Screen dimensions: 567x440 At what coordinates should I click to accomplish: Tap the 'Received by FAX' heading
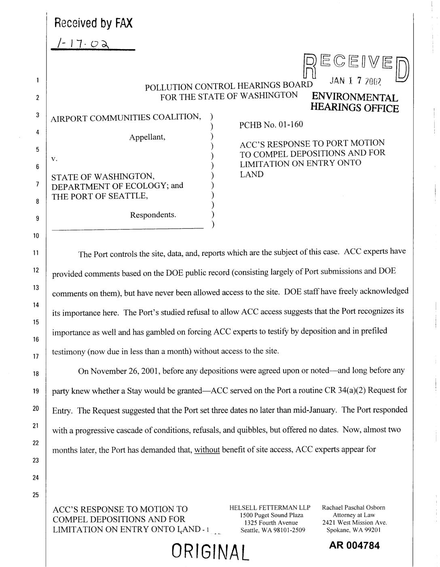pyautogui.click(x=93, y=23)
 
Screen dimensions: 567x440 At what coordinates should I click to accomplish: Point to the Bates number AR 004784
pyautogui.click(x=354, y=546)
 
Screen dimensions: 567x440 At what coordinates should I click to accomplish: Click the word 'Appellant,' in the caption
pyautogui.click(x=148, y=137)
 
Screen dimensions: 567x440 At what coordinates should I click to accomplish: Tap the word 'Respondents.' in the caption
pyautogui.click(x=153, y=215)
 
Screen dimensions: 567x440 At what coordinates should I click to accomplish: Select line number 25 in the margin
pyautogui.click(x=36, y=495)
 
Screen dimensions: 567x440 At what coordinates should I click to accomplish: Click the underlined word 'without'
pyautogui.click(x=207, y=449)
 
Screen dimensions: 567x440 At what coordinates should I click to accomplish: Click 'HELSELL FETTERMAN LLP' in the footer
pyautogui.click(x=270, y=508)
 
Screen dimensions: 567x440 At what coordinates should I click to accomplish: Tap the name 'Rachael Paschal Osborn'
pyautogui.click(x=353, y=508)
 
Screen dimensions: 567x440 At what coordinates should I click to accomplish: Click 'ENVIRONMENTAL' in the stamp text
pyautogui.click(x=355, y=98)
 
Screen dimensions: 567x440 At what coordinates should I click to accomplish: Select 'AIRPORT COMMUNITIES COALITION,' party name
pyautogui.click(x=126, y=118)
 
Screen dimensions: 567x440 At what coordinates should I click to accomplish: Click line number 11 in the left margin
pyautogui.click(x=36, y=253)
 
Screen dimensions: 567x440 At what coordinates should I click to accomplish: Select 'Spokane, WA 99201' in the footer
pyautogui.click(x=353, y=530)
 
